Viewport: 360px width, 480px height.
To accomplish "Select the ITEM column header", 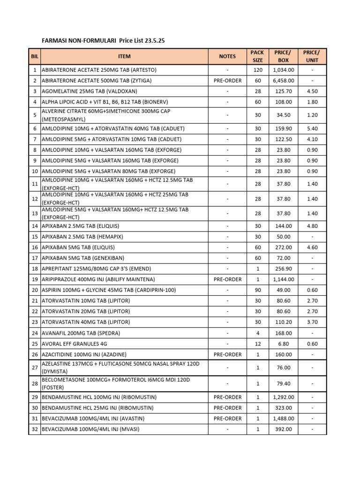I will pos(124,56).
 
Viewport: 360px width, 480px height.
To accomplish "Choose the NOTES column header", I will pos(227,56).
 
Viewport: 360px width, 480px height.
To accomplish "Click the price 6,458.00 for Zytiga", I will pos(284,81).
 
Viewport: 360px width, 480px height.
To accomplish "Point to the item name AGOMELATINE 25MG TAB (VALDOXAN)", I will pos(90,91).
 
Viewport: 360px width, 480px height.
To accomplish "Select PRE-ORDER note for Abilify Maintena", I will pos(227,279).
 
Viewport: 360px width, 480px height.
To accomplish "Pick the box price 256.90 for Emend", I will pos(284,269).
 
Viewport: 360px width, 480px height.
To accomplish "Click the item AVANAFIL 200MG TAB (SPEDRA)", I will pos(81,333).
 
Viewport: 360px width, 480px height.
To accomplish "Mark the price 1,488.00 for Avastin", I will pos(284,419).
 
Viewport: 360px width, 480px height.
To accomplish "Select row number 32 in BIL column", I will pos(35,429).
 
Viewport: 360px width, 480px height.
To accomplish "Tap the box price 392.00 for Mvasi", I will pos(284,429).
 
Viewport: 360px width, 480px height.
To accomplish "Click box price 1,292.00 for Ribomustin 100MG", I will pos(284,397).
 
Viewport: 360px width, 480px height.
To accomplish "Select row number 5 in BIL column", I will pos(35,115).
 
